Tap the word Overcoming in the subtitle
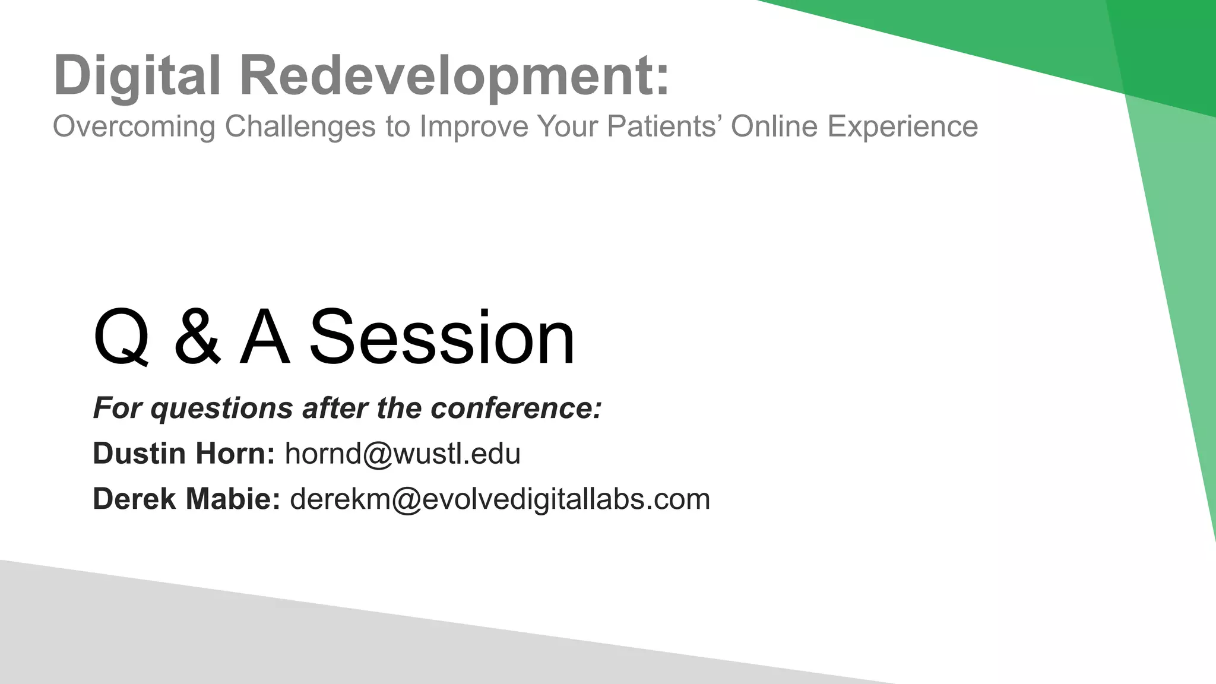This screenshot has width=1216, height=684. tap(134, 126)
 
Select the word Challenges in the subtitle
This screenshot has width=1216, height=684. tap(300, 126)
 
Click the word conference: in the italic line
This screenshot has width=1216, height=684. tap(516, 408)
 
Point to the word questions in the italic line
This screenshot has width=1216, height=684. tap(221, 408)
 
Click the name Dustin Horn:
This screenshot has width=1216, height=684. tap(183, 454)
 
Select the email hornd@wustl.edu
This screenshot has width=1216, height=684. tap(403, 454)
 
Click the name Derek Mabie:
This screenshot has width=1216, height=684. tap(186, 499)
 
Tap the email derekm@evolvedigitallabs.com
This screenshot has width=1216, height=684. tap(500, 499)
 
